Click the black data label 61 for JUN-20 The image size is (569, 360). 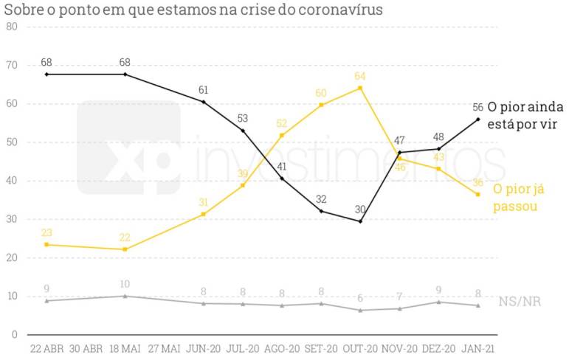[204, 90]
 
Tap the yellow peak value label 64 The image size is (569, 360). [360, 76]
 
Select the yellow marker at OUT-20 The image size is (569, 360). [360, 88]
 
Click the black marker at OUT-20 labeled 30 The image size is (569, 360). [360, 221]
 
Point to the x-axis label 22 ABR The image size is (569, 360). [46, 348]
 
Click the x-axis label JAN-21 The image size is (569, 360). [477, 348]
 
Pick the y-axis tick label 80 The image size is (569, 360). [11, 27]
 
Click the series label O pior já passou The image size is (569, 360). [518, 198]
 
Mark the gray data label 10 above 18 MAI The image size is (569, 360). [125, 283]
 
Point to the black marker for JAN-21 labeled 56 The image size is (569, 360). [477, 119]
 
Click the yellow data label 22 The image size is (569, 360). [125, 236]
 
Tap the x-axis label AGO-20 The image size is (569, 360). [282, 348]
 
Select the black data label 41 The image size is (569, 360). [282, 167]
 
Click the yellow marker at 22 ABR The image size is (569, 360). [46, 244]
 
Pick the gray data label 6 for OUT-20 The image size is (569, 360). [360, 298]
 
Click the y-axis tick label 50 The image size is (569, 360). [11, 142]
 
